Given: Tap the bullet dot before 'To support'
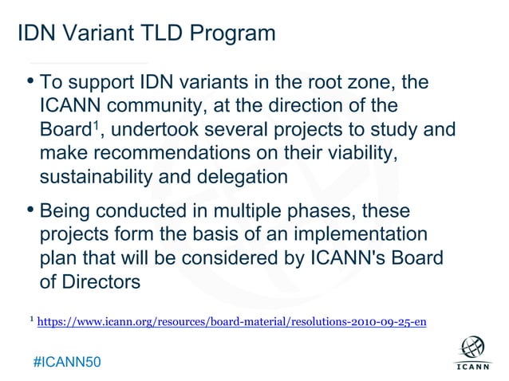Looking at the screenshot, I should pos(30,81).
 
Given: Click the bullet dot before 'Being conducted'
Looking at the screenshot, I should pos(30,211).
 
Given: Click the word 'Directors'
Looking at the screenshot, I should pos(101,283).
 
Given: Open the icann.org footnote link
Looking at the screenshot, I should pos(231,322).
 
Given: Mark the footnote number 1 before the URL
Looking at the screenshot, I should pos(30,320).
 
